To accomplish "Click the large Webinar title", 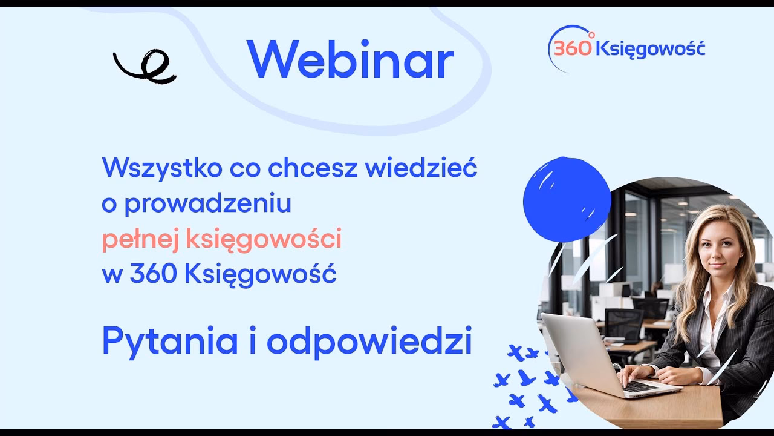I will click(x=350, y=59).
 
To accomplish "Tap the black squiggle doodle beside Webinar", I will click(x=145, y=67).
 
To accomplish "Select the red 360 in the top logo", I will click(x=573, y=49).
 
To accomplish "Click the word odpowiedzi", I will click(x=369, y=342).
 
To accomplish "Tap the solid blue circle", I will click(x=567, y=199).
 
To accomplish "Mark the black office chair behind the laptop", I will click(x=624, y=324).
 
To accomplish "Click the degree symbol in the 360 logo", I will click(x=591, y=35).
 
